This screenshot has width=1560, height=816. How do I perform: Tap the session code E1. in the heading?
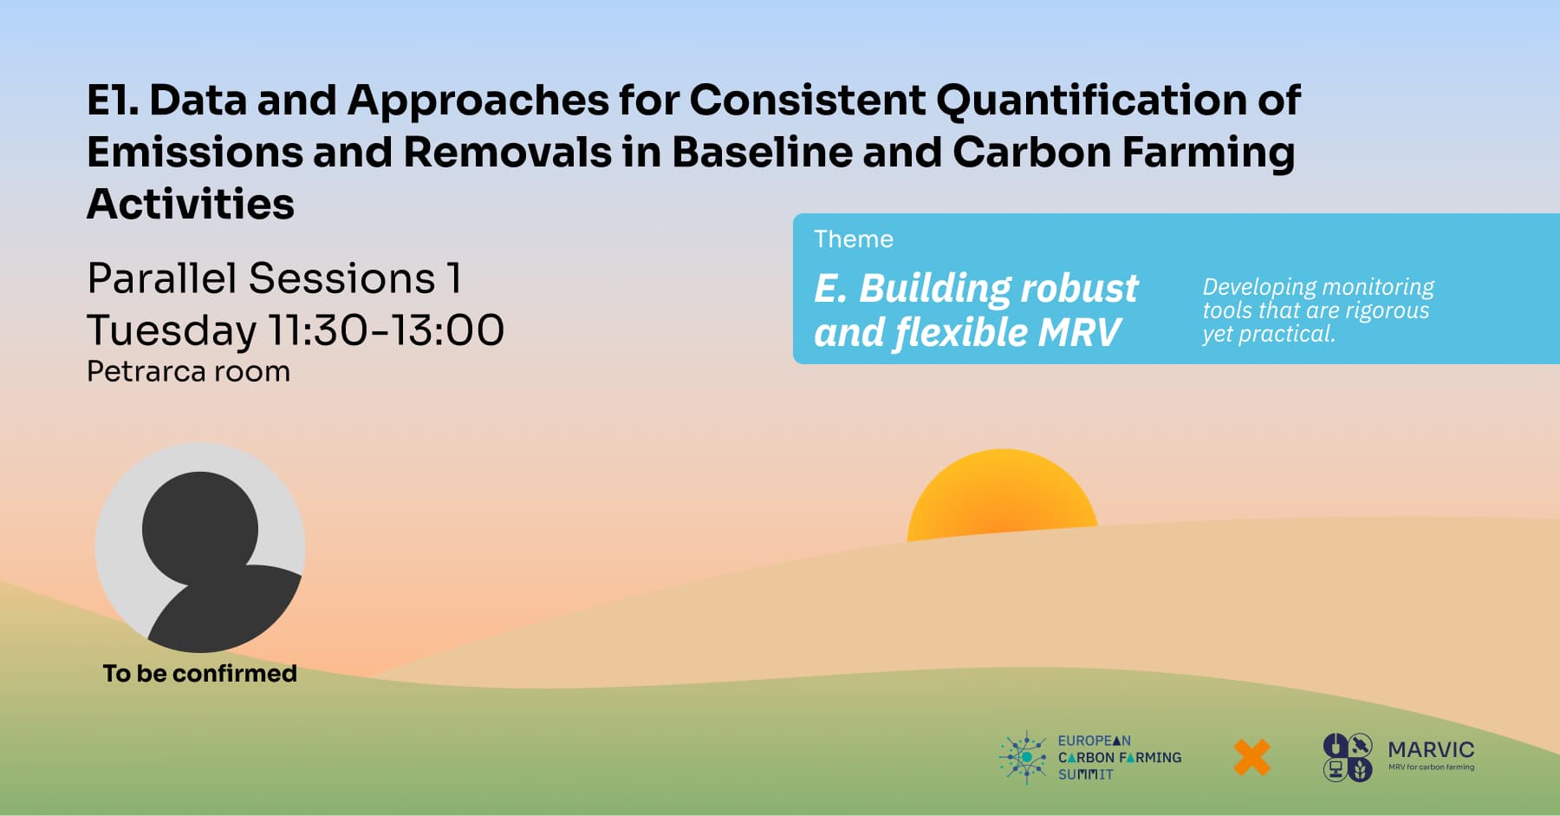pos(113,101)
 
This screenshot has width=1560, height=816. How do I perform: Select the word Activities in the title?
pos(191,205)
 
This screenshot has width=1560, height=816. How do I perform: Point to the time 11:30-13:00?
pos(386,330)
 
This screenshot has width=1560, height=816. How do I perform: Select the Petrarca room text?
pos(189,372)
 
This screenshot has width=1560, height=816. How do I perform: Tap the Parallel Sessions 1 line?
pos(274,278)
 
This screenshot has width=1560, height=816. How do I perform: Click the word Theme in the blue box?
pos(854,239)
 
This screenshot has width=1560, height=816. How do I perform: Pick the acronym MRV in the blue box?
pos(1079,332)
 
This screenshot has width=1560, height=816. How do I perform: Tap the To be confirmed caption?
pos(200,674)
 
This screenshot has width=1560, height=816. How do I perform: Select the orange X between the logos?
pos(1251,758)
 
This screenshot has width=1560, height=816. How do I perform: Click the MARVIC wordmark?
pos(1431,749)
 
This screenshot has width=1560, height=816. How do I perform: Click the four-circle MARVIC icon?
pos(1348,757)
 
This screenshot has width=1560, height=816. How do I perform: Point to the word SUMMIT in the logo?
pos(1085,774)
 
